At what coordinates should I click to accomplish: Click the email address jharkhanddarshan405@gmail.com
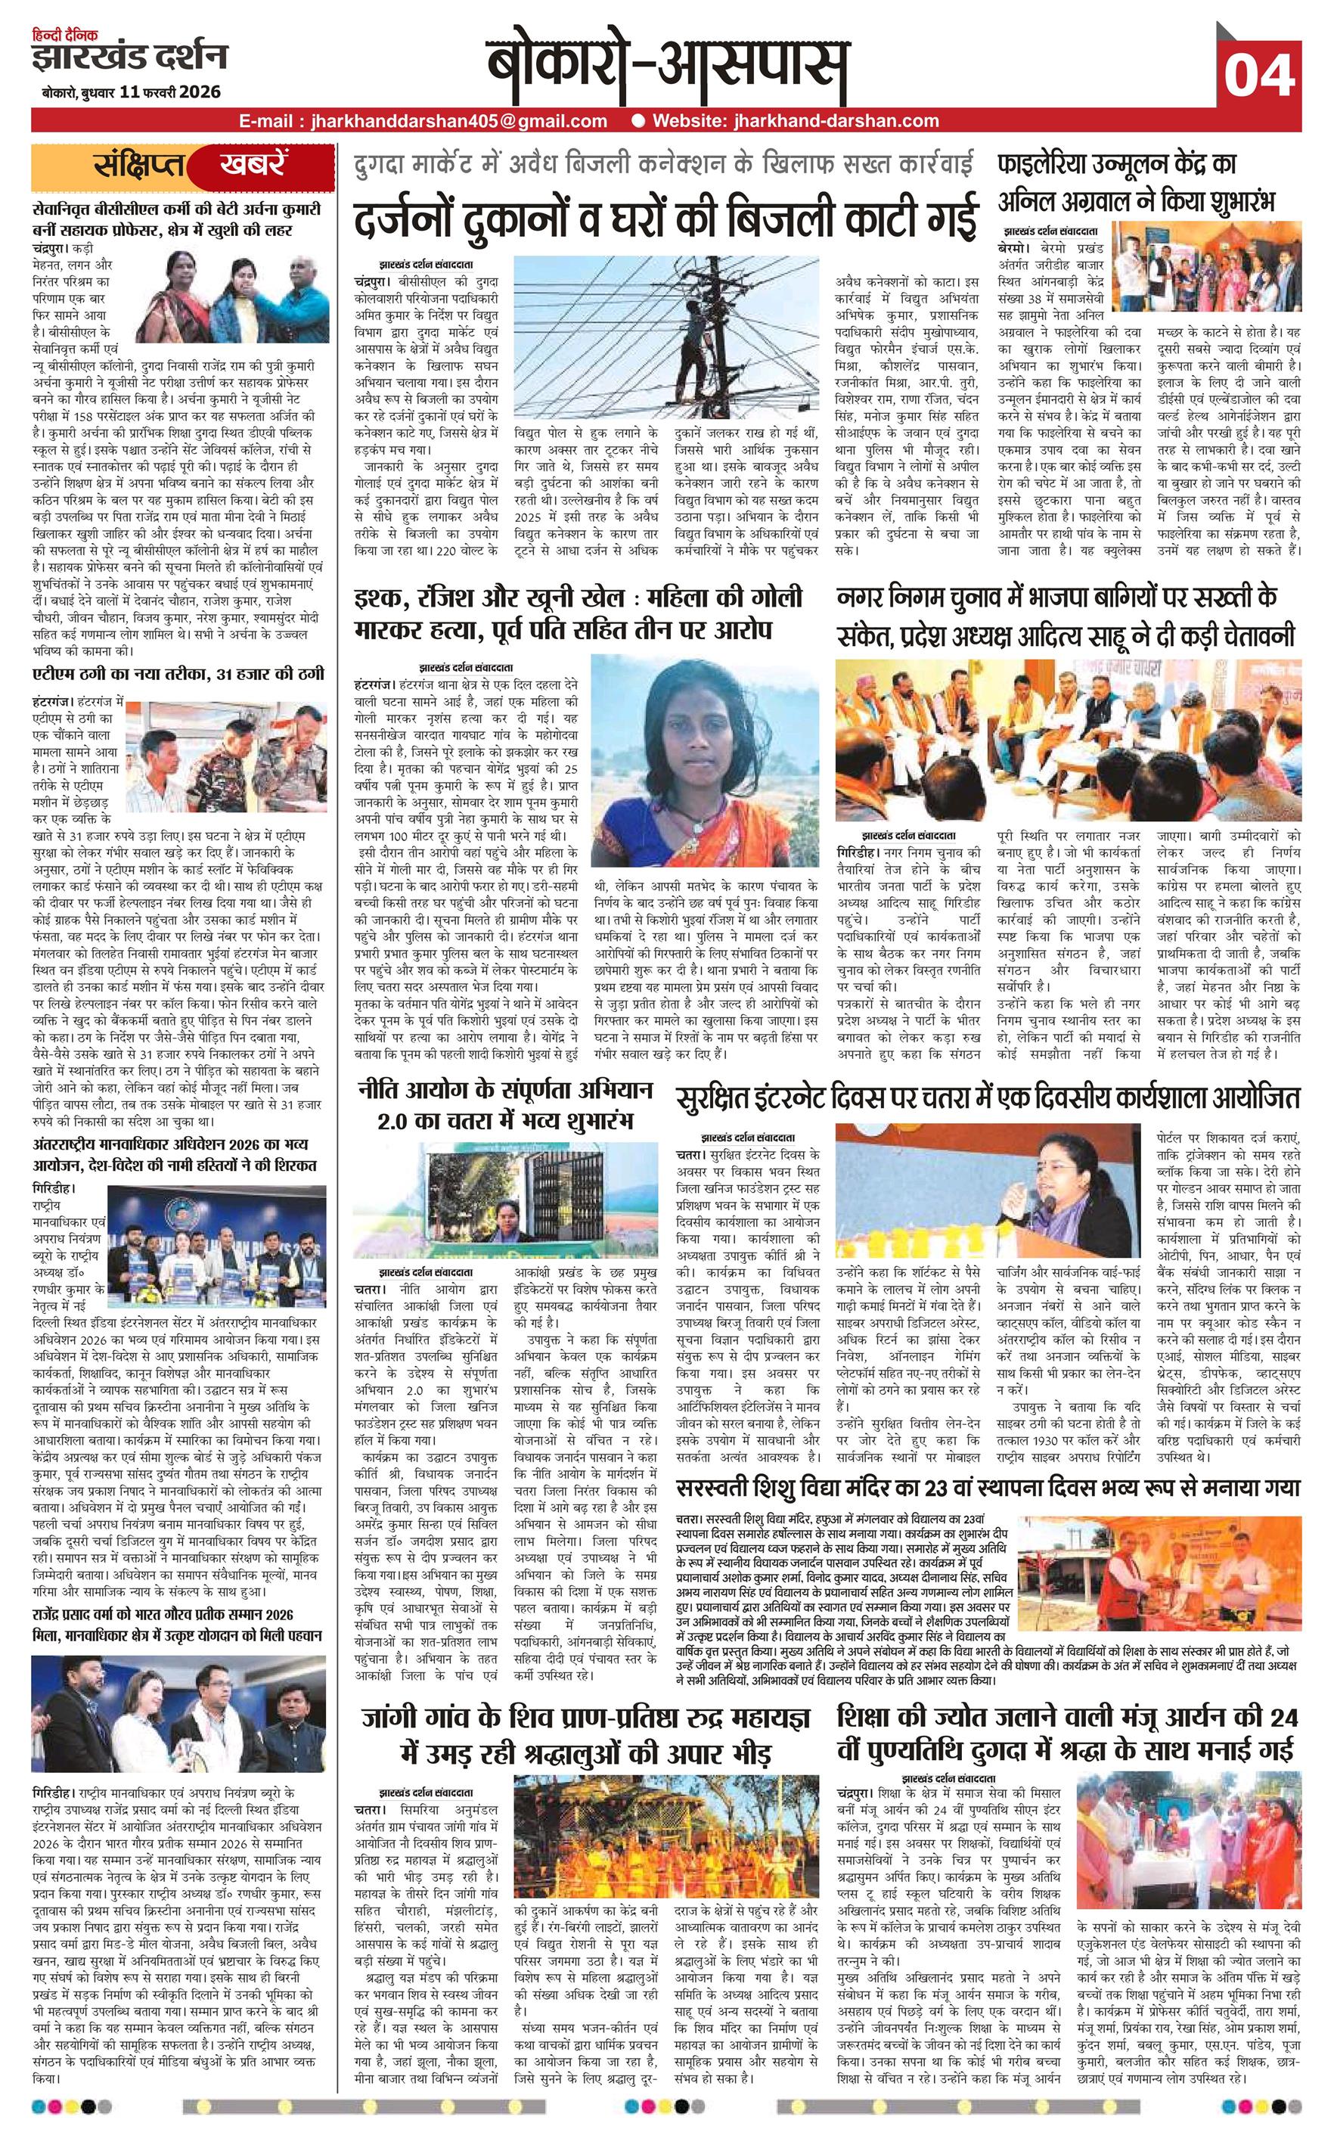452,122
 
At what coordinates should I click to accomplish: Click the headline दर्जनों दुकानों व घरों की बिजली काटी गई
666,217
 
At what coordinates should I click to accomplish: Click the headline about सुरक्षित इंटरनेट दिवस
988,1098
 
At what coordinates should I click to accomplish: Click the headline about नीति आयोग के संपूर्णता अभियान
505,1107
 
